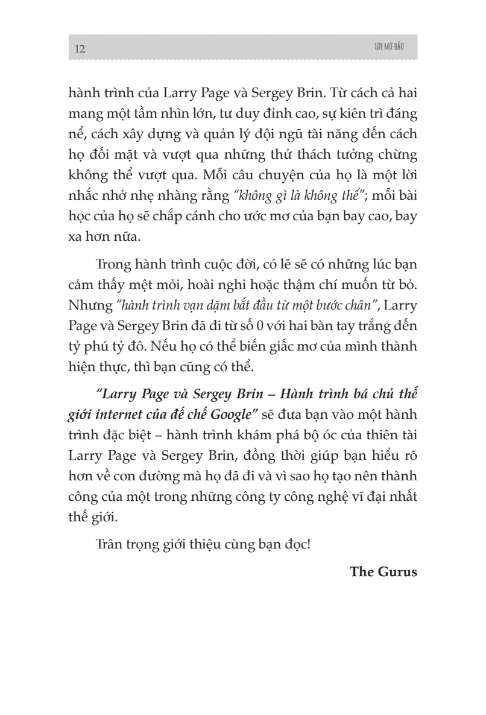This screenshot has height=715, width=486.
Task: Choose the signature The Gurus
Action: (x=383, y=571)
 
